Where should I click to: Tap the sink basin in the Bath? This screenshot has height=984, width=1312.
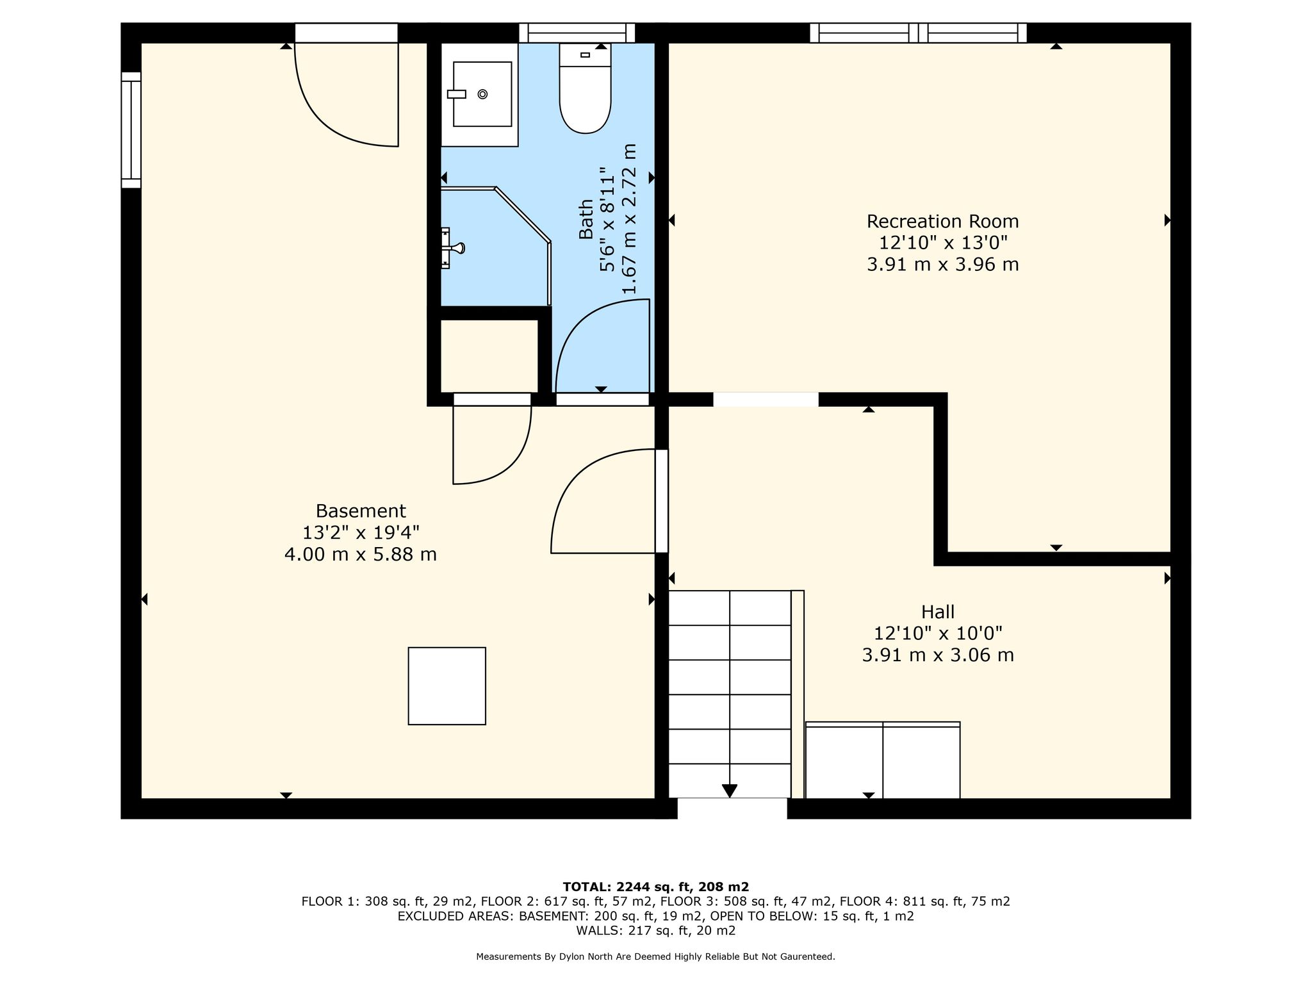(x=482, y=94)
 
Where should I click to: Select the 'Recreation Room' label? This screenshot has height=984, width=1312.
(x=942, y=221)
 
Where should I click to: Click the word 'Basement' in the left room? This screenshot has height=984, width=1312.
(x=361, y=511)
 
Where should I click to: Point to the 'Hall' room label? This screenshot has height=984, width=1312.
(x=938, y=612)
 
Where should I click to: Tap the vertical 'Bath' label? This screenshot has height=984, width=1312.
(x=586, y=219)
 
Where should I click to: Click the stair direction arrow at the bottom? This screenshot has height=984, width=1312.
(x=730, y=791)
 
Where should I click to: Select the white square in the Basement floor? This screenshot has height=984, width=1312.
(x=447, y=686)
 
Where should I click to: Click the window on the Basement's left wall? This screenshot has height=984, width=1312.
(x=131, y=130)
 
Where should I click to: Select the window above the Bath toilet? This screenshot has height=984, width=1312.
(x=577, y=33)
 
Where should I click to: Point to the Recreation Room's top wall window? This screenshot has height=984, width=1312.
(x=918, y=33)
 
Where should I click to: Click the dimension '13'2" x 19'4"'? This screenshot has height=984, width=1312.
(x=361, y=532)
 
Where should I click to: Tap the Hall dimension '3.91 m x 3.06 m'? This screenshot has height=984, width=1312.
(x=938, y=655)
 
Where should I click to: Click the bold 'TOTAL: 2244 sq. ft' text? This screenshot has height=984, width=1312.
(x=627, y=887)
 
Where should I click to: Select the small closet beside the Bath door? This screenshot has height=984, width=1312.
(x=489, y=356)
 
